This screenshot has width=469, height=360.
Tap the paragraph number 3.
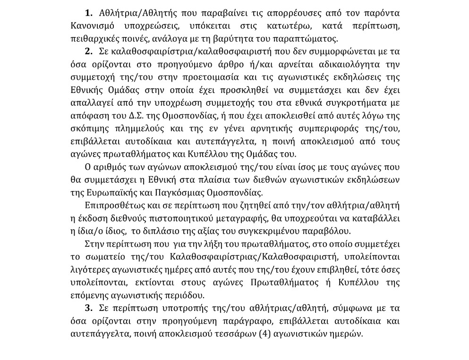click(x=88, y=309)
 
